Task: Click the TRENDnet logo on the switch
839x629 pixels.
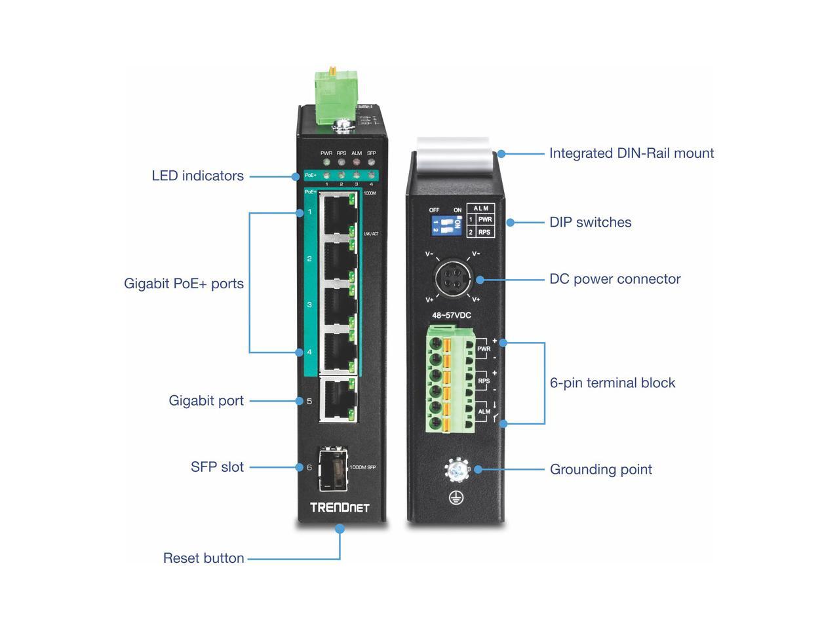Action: tap(340, 507)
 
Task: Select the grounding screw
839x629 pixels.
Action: tap(457, 470)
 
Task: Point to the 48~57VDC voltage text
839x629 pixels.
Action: tap(451, 315)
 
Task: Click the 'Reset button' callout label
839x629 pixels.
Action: tap(203, 558)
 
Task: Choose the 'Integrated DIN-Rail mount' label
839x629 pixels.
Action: tap(631, 153)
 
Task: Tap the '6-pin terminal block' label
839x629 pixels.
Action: tap(612, 383)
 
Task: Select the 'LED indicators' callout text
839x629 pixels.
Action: tap(197, 176)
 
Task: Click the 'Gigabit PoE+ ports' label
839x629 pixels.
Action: tap(184, 284)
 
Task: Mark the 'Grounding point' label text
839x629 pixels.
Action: tap(600, 469)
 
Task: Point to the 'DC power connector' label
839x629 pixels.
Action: tap(615, 279)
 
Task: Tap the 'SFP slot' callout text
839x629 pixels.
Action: tap(217, 467)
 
